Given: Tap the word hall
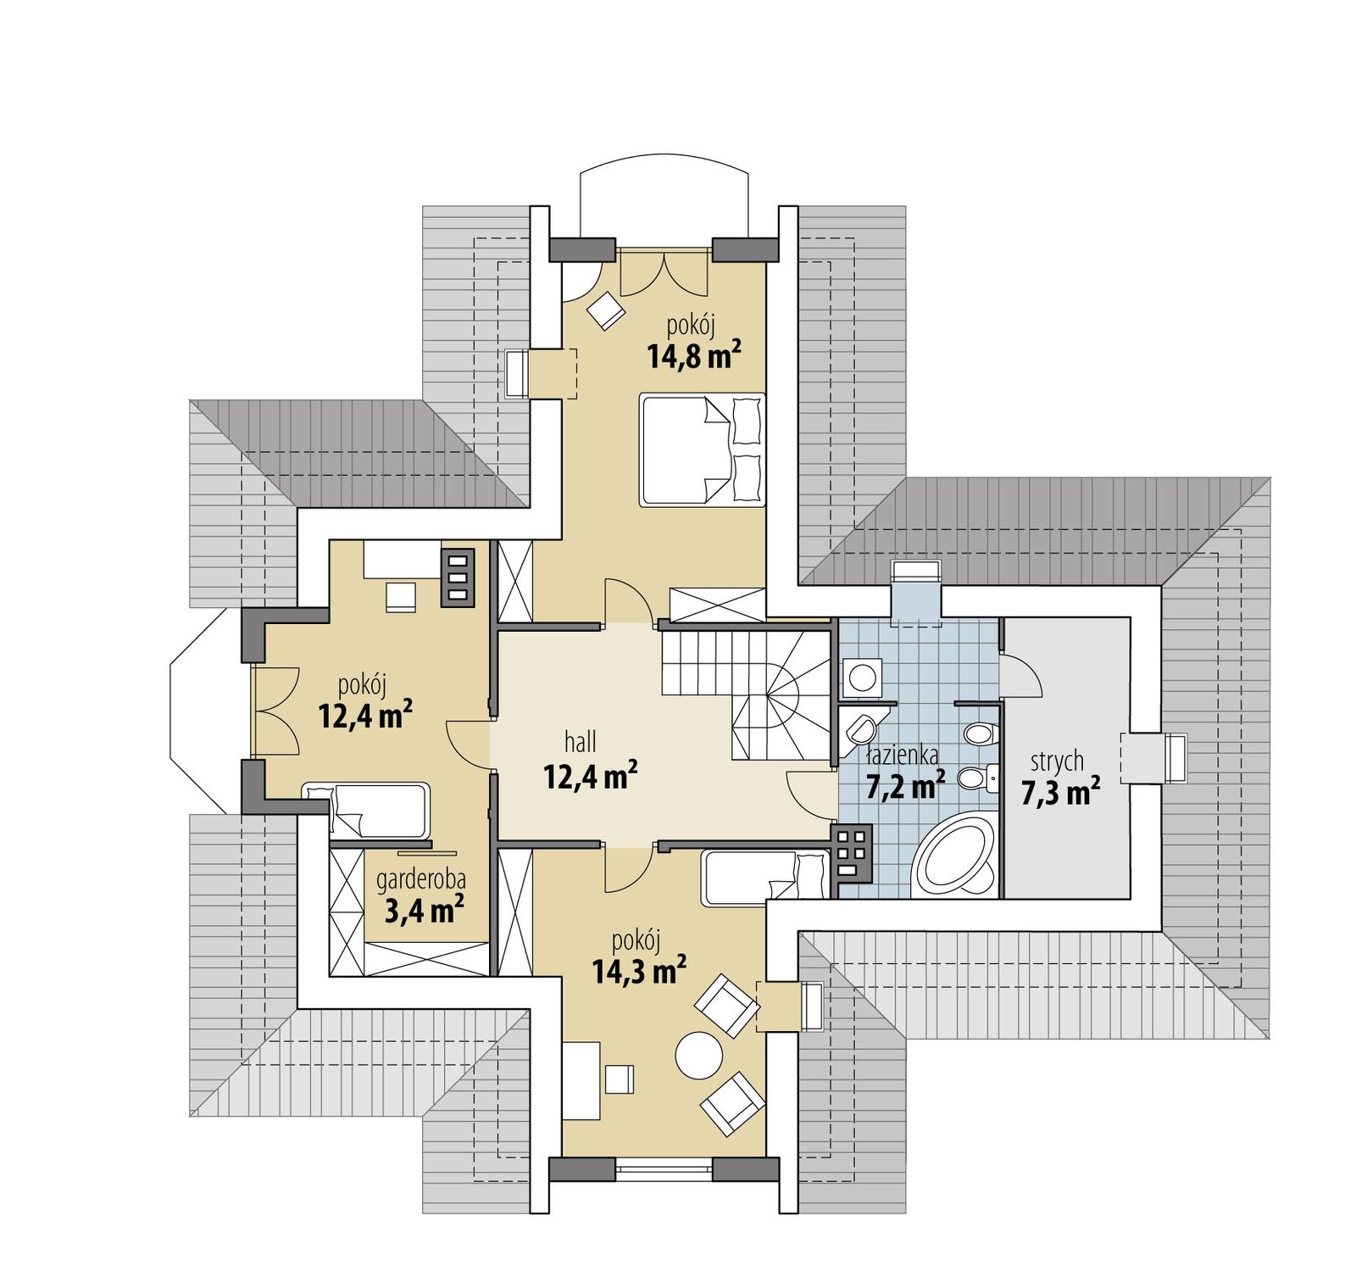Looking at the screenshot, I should tap(581, 743).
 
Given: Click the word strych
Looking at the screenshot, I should tap(1057, 761).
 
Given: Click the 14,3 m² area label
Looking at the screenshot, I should tap(639, 970).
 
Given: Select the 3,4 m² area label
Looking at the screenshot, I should tap(424, 912).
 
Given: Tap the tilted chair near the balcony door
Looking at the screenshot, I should tap(607, 309).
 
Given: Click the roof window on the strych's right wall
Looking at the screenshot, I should tap(1175, 759).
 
